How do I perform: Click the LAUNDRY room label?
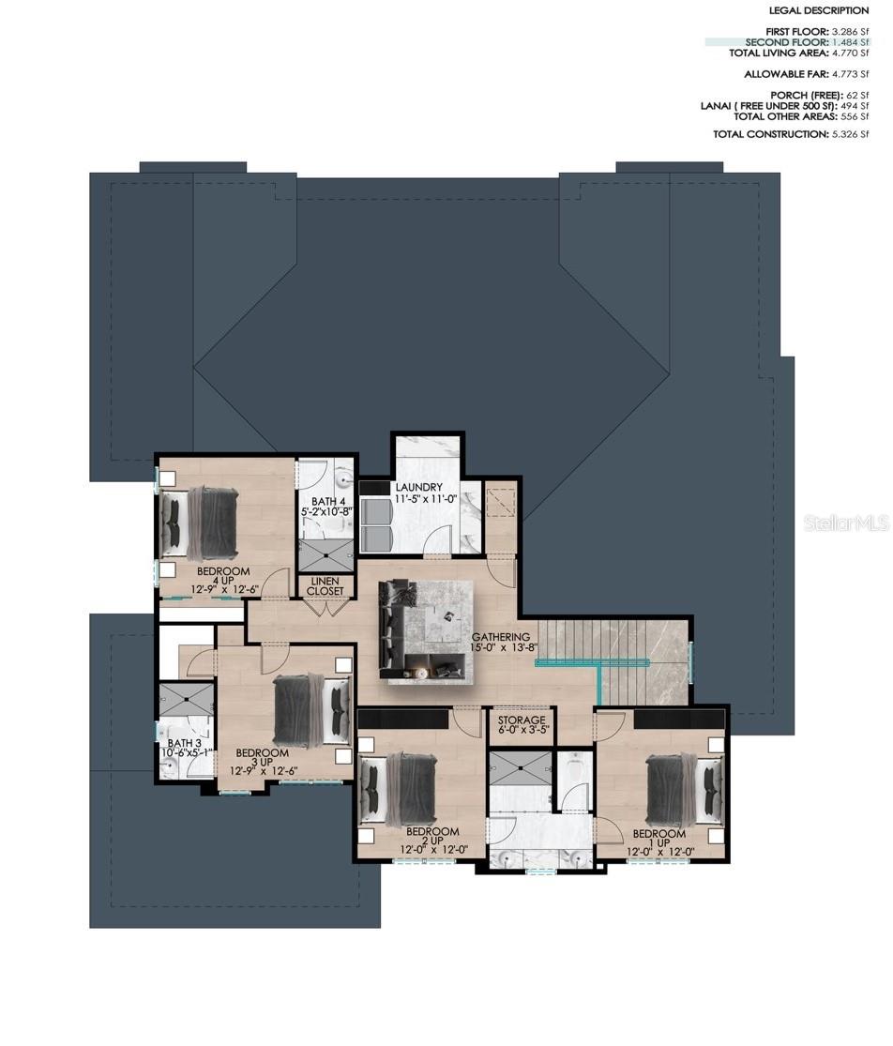[418, 487]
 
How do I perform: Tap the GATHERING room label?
[501, 637]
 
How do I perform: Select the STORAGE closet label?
[522, 720]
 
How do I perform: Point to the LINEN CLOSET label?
[325, 586]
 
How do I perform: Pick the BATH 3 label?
[185, 743]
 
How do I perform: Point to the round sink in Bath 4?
[344, 478]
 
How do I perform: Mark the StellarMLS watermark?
[847, 523]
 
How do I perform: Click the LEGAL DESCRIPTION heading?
[819, 10]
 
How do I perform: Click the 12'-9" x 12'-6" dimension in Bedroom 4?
[223, 590]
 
